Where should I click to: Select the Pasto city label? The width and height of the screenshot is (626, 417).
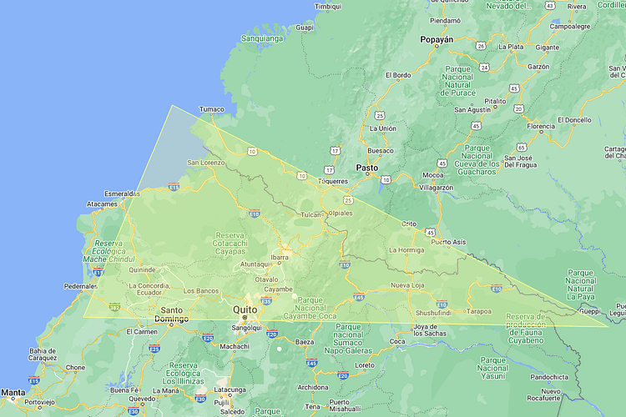point(367,168)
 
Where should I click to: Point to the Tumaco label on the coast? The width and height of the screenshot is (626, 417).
point(212,109)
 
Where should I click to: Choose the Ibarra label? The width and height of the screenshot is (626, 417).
point(280,258)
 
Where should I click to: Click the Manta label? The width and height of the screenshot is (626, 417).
point(13,391)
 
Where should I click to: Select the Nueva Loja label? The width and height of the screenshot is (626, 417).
point(408,286)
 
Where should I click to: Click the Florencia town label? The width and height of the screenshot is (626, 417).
point(540,127)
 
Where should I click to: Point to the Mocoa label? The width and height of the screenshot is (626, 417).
point(433,175)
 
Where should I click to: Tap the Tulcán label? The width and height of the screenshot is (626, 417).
point(311,214)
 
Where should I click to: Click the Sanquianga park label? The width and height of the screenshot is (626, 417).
point(262,38)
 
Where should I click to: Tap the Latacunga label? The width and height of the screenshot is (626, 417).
point(230,389)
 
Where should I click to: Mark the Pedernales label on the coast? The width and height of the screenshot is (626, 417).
point(81,286)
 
